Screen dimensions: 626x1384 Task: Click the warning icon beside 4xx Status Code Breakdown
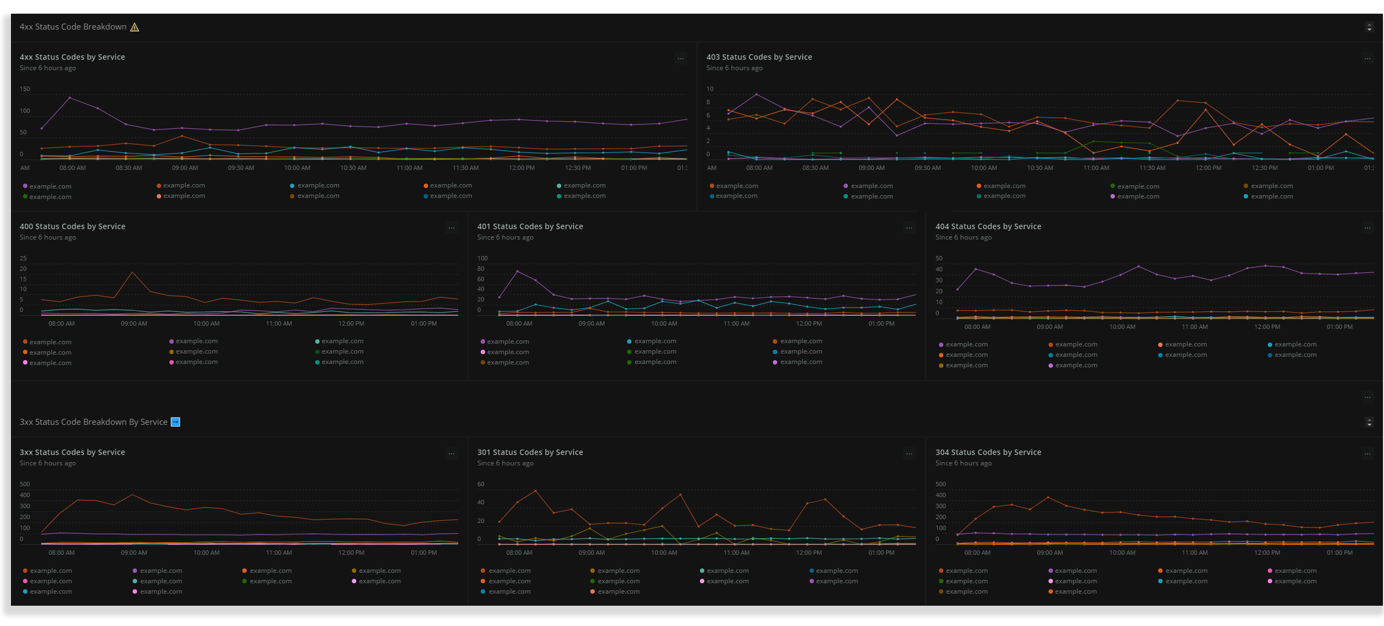point(134,27)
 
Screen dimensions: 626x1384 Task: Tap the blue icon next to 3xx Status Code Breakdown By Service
point(175,422)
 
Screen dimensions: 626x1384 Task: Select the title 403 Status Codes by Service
point(759,57)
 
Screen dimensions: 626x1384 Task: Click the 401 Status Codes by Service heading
point(529,226)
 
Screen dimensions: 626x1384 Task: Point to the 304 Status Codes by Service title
point(988,452)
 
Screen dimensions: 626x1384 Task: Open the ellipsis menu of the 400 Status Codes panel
point(451,228)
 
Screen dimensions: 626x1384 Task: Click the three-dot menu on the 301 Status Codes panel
point(909,454)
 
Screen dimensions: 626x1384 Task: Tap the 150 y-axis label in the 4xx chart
point(25,89)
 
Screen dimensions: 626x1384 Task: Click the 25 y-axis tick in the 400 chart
point(23,258)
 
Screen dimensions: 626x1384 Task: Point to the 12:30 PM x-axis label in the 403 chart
point(1265,168)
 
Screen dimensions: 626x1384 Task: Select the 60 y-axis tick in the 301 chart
point(481,484)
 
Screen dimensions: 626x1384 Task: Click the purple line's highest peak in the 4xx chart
point(70,98)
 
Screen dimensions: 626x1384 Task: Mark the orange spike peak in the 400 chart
point(132,272)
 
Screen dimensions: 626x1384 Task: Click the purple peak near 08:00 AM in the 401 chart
point(517,271)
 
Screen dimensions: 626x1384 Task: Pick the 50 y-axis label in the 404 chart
point(939,258)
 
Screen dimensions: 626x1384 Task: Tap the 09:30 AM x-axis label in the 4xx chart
point(241,168)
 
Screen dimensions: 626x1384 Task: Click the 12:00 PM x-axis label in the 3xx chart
point(351,553)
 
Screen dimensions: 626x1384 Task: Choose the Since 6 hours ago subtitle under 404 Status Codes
point(963,237)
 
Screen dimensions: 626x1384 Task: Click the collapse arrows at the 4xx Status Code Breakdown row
point(1369,27)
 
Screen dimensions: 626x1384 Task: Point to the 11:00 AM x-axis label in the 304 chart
point(1194,553)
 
